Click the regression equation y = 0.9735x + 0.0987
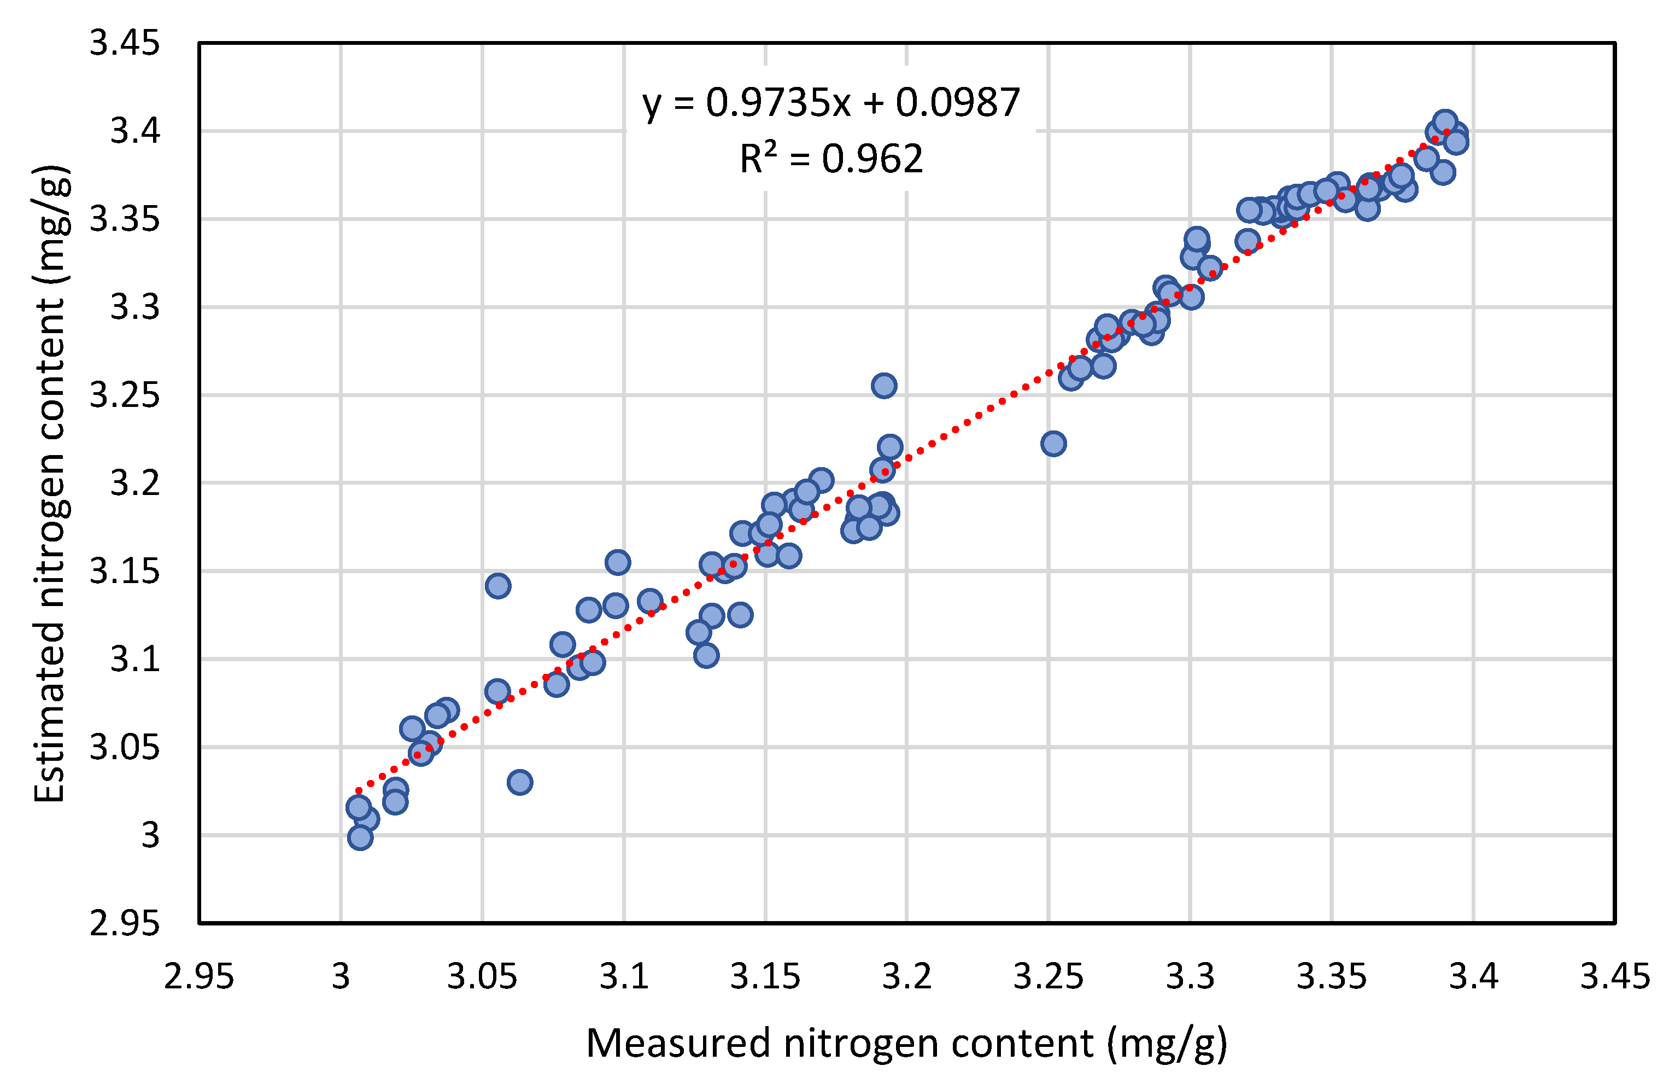click(830, 103)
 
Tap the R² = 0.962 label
click(830, 159)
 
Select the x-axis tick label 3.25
click(1048, 976)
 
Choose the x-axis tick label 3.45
click(1614, 976)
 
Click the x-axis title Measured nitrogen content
click(906, 1043)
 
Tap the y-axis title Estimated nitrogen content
click(51, 483)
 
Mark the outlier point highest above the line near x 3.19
click(884, 386)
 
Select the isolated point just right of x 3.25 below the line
click(1053, 444)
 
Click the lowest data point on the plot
click(360, 838)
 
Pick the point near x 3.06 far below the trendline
click(519, 782)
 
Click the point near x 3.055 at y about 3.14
click(497, 586)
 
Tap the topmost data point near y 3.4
click(1445, 122)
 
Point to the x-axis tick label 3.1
click(624, 976)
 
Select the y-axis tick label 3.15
click(125, 571)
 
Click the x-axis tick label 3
click(341, 976)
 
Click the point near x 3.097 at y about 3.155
click(617, 562)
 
